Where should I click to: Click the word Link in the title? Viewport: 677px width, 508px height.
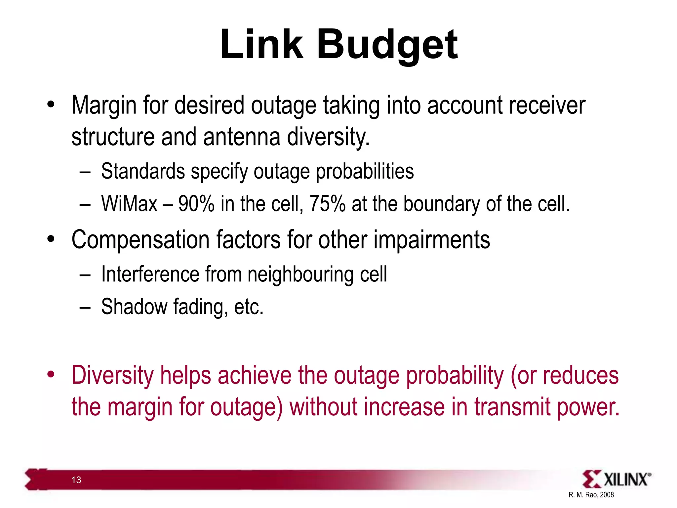coord(261,45)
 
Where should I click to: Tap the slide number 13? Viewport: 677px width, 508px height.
coord(76,480)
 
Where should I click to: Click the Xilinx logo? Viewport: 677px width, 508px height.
coord(617,479)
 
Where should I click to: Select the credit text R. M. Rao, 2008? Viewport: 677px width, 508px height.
coord(591,495)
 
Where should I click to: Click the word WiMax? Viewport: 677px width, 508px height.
coord(129,204)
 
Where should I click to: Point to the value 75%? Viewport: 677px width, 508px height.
coord(327,204)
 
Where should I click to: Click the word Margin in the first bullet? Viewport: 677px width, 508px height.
coord(104,106)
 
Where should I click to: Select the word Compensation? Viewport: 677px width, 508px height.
coord(140,240)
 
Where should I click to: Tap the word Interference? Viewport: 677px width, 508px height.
coord(150,275)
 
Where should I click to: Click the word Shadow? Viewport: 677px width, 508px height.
coord(134,307)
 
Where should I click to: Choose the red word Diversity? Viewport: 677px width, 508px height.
coord(113,376)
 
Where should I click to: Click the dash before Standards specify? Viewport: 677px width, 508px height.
coord(85,172)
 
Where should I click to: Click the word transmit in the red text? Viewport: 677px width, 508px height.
coord(512,407)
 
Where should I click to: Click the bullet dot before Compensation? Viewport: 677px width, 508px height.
coord(51,239)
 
